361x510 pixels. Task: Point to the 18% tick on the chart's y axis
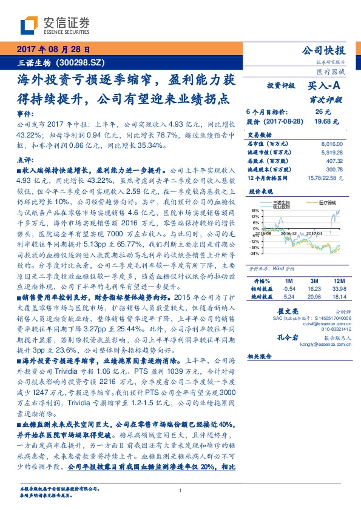(x=255, y=212)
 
